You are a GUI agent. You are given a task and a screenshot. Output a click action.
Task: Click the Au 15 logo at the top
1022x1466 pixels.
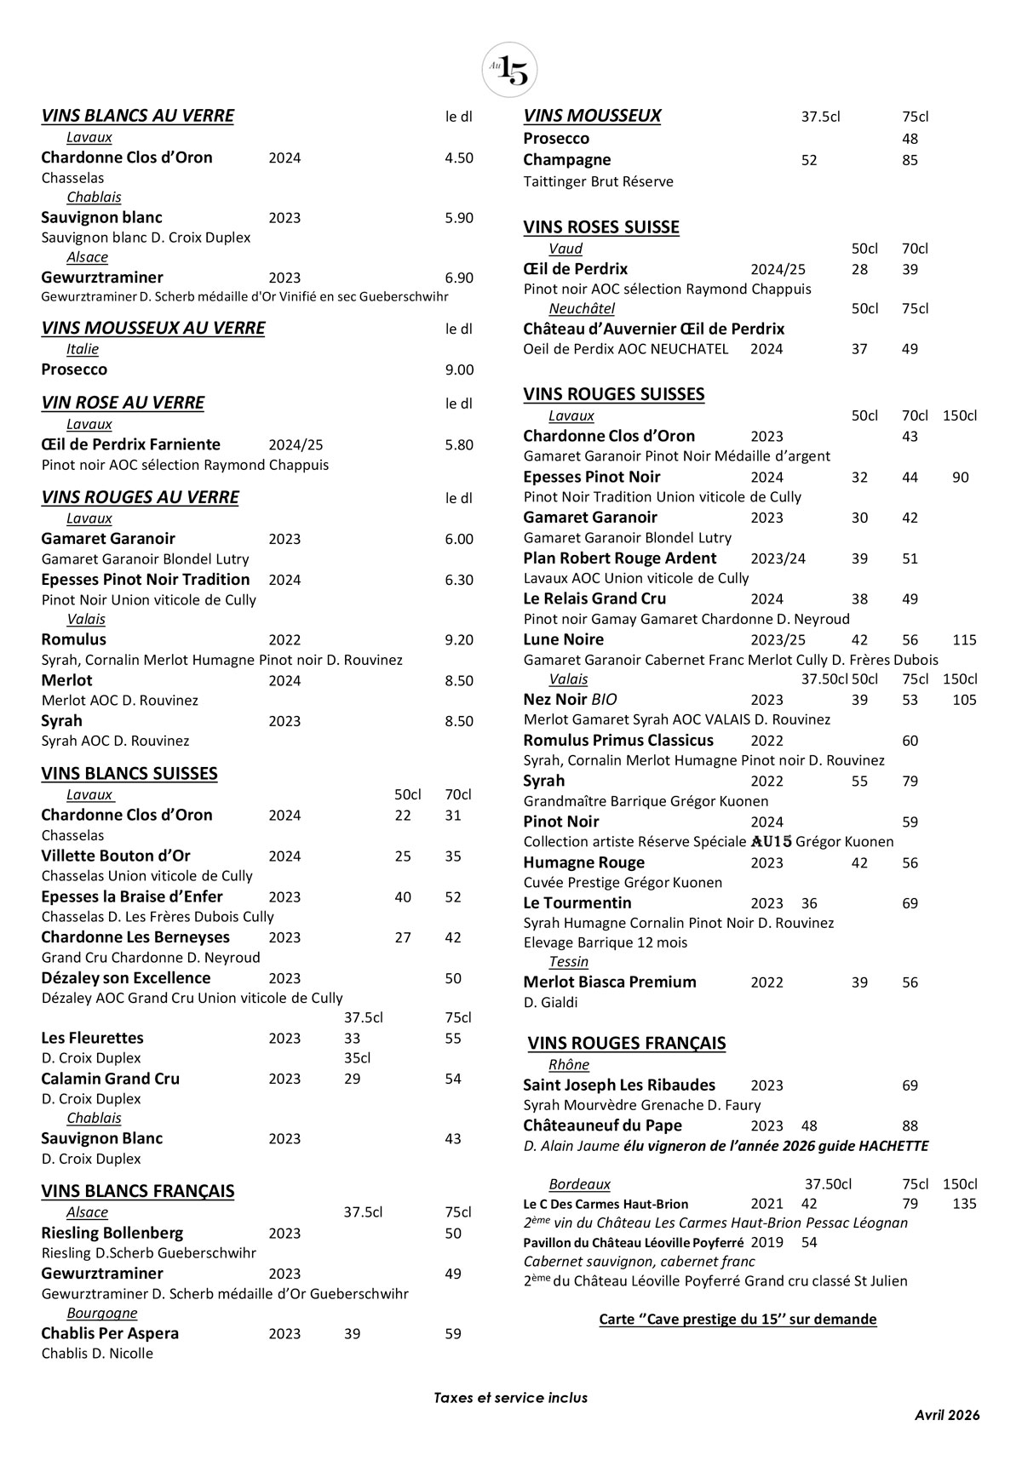click(x=509, y=70)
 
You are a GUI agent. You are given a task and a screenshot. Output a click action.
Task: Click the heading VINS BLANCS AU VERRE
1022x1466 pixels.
click(x=137, y=116)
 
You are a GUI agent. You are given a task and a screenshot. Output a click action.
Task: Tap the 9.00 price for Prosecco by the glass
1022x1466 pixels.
click(x=459, y=369)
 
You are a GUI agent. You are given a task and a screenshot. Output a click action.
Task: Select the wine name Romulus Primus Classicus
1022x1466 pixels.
click(x=617, y=740)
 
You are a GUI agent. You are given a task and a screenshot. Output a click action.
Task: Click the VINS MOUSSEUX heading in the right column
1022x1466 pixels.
click(x=592, y=116)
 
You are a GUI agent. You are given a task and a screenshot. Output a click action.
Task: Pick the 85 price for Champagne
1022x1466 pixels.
click(x=910, y=160)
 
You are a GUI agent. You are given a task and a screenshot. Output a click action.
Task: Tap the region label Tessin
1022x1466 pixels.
click(x=568, y=961)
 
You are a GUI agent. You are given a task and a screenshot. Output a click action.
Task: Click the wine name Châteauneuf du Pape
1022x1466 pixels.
click(x=602, y=1125)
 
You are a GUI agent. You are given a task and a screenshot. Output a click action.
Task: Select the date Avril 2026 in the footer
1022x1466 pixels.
click(x=947, y=1414)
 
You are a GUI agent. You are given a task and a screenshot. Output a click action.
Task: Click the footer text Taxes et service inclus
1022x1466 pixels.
click(x=510, y=1397)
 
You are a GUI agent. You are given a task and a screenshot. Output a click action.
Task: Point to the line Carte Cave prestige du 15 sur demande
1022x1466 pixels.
click(x=738, y=1319)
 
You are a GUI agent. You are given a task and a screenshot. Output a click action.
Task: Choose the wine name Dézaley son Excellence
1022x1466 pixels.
click(x=125, y=978)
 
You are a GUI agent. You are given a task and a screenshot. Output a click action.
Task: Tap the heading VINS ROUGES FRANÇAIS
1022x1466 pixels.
click(x=626, y=1043)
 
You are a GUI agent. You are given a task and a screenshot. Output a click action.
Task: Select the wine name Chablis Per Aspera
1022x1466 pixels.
click(x=110, y=1333)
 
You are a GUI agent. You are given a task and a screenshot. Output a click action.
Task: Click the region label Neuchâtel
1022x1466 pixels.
click(x=581, y=308)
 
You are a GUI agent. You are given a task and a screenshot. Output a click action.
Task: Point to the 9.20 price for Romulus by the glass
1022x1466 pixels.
click(x=459, y=640)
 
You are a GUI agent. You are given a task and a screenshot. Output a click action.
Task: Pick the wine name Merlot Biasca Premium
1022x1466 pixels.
click(x=609, y=982)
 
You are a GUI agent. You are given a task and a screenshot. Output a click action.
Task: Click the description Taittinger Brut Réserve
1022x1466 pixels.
click(x=598, y=181)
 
